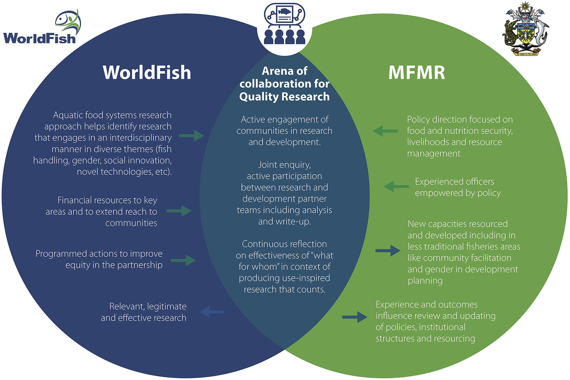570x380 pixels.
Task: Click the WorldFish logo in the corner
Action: [42, 29]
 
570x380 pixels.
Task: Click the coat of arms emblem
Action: [526, 29]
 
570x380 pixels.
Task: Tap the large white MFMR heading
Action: [417, 73]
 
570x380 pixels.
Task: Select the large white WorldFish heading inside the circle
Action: [147, 73]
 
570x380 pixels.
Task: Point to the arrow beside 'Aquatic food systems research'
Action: [191, 136]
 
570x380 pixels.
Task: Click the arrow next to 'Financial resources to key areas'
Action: [179, 211]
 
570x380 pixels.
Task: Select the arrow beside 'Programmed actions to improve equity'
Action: [183, 260]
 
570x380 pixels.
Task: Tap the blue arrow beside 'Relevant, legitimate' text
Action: [212, 312]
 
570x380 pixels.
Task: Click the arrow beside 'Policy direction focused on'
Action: [385, 131]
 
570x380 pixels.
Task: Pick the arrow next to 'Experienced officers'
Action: [396, 186]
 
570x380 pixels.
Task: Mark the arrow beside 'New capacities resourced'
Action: [388, 250]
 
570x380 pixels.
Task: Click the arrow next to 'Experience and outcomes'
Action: [354, 317]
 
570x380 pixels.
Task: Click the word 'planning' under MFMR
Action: [425, 281]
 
